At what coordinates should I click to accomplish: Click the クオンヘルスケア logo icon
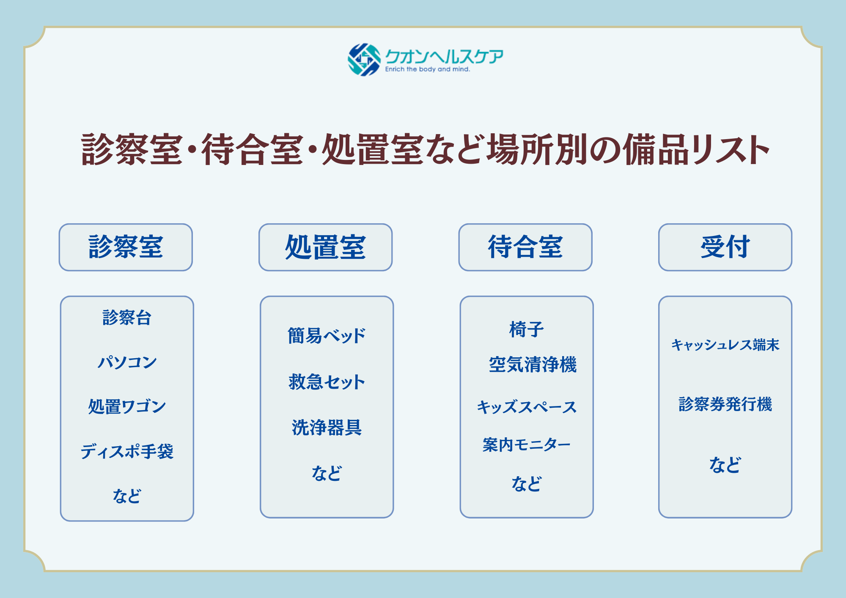coord(364,60)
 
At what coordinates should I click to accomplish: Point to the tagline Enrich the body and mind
coord(427,69)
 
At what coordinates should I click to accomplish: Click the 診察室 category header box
coord(126,247)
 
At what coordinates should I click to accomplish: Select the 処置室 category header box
coord(325,247)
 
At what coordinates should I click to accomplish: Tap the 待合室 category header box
coord(525,247)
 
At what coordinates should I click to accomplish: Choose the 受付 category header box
coord(725,247)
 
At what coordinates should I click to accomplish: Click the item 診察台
coord(127,318)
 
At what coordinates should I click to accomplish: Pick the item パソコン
coord(127,362)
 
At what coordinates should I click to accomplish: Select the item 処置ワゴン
coord(127,406)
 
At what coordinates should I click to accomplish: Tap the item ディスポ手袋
coord(127,451)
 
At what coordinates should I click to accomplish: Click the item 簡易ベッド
coord(327,336)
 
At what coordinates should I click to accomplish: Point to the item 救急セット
coord(327,382)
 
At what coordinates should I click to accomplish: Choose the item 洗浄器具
coord(327,428)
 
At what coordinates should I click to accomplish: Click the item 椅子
coord(527,329)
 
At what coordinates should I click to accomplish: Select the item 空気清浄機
coord(533,365)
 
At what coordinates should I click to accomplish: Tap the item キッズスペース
coord(527,407)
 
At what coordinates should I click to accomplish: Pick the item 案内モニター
coord(527,445)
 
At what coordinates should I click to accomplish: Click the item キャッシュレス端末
coord(725,345)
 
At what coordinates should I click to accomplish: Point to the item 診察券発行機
coord(725,404)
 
